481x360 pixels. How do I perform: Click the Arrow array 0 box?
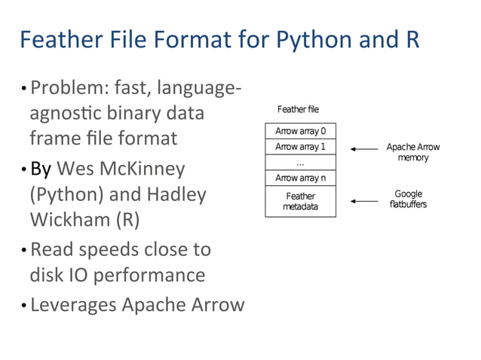pyautogui.click(x=300, y=132)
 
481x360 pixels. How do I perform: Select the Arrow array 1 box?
pyautogui.click(x=300, y=147)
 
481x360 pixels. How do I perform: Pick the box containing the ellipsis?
pyautogui.click(x=300, y=162)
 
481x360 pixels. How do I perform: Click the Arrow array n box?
pyautogui.click(x=300, y=178)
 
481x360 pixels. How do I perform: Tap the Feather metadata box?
pyautogui.click(x=300, y=201)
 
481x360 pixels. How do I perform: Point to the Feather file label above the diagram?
pyautogui.click(x=298, y=110)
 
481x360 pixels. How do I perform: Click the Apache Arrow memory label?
pyautogui.click(x=412, y=152)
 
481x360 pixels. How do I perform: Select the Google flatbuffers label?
pyautogui.click(x=408, y=199)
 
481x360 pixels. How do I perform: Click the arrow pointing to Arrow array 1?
pyautogui.click(x=365, y=149)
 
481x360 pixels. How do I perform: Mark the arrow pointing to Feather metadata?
pyautogui.click(x=365, y=201)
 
